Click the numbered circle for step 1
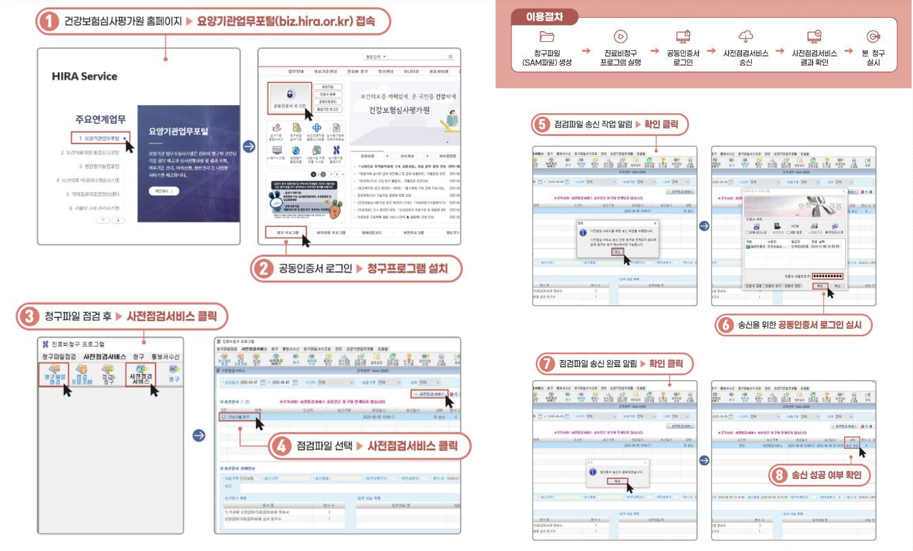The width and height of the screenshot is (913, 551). point(47,21)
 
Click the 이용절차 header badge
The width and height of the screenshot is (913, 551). point(544,16)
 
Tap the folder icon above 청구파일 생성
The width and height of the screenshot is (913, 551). point(546,37)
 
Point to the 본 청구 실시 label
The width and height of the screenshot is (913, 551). point(873,58)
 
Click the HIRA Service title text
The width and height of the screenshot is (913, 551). point(84,76)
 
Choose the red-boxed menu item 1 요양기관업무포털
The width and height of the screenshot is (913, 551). point(100,139)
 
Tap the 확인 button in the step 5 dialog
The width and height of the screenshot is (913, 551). point(616,251)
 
